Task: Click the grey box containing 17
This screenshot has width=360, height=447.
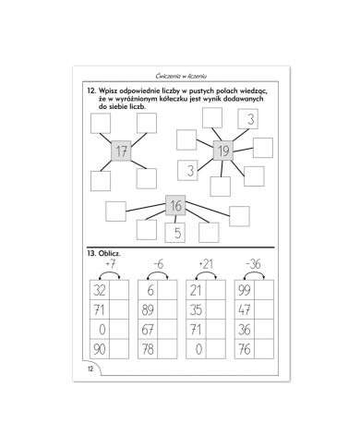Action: (121, 151)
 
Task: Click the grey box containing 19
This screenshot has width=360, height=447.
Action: (223, 151)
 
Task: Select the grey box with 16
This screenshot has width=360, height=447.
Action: (175, 205)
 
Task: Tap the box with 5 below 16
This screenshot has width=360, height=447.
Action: (175, 233)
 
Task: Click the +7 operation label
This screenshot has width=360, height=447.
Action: (110, 264)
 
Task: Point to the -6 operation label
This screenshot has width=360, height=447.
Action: (158, 264)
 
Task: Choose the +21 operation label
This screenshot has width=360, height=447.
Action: (206, 264)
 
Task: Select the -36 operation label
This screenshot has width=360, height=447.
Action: (254, 264)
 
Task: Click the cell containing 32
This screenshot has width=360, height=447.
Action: (100, 290)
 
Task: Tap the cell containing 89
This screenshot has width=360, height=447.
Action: (148, 309)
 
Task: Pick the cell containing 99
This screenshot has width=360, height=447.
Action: (245, 290)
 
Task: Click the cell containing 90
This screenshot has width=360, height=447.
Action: (100, 349)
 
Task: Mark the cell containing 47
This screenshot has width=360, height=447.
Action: (245, 309)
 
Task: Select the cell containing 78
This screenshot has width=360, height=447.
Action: (148, 349)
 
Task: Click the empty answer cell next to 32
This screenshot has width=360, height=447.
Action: (119, 290)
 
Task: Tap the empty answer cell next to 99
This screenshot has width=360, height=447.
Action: (264, 290)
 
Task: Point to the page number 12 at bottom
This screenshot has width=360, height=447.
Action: (90, 368)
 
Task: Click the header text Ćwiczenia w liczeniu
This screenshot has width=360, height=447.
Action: (181, 76)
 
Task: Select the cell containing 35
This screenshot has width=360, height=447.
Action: (196, 309)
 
